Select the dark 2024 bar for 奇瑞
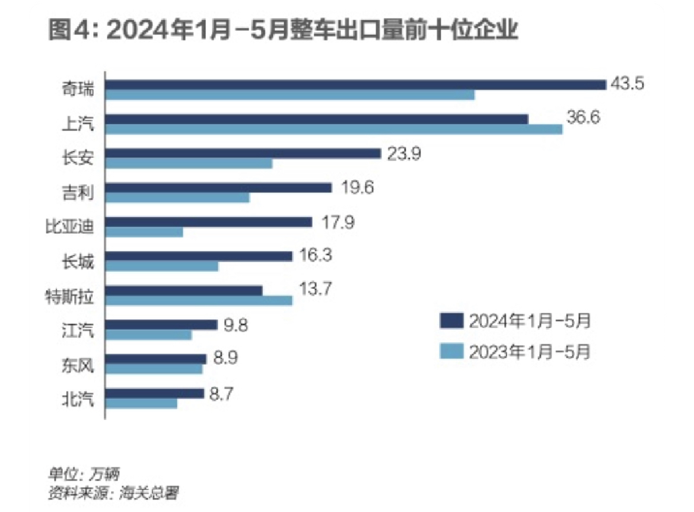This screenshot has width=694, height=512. pyautogui.click(x=356, y=85)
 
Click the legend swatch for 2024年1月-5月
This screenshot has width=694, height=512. pyautogui.click(x=451, y=321)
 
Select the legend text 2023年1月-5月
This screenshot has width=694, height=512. pyautogui.click(x=530, y=351)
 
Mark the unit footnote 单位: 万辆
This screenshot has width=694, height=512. pyautogui.click(x=84, y=475)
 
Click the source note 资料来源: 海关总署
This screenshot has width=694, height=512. pyautogui.click(x=113, y=492)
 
